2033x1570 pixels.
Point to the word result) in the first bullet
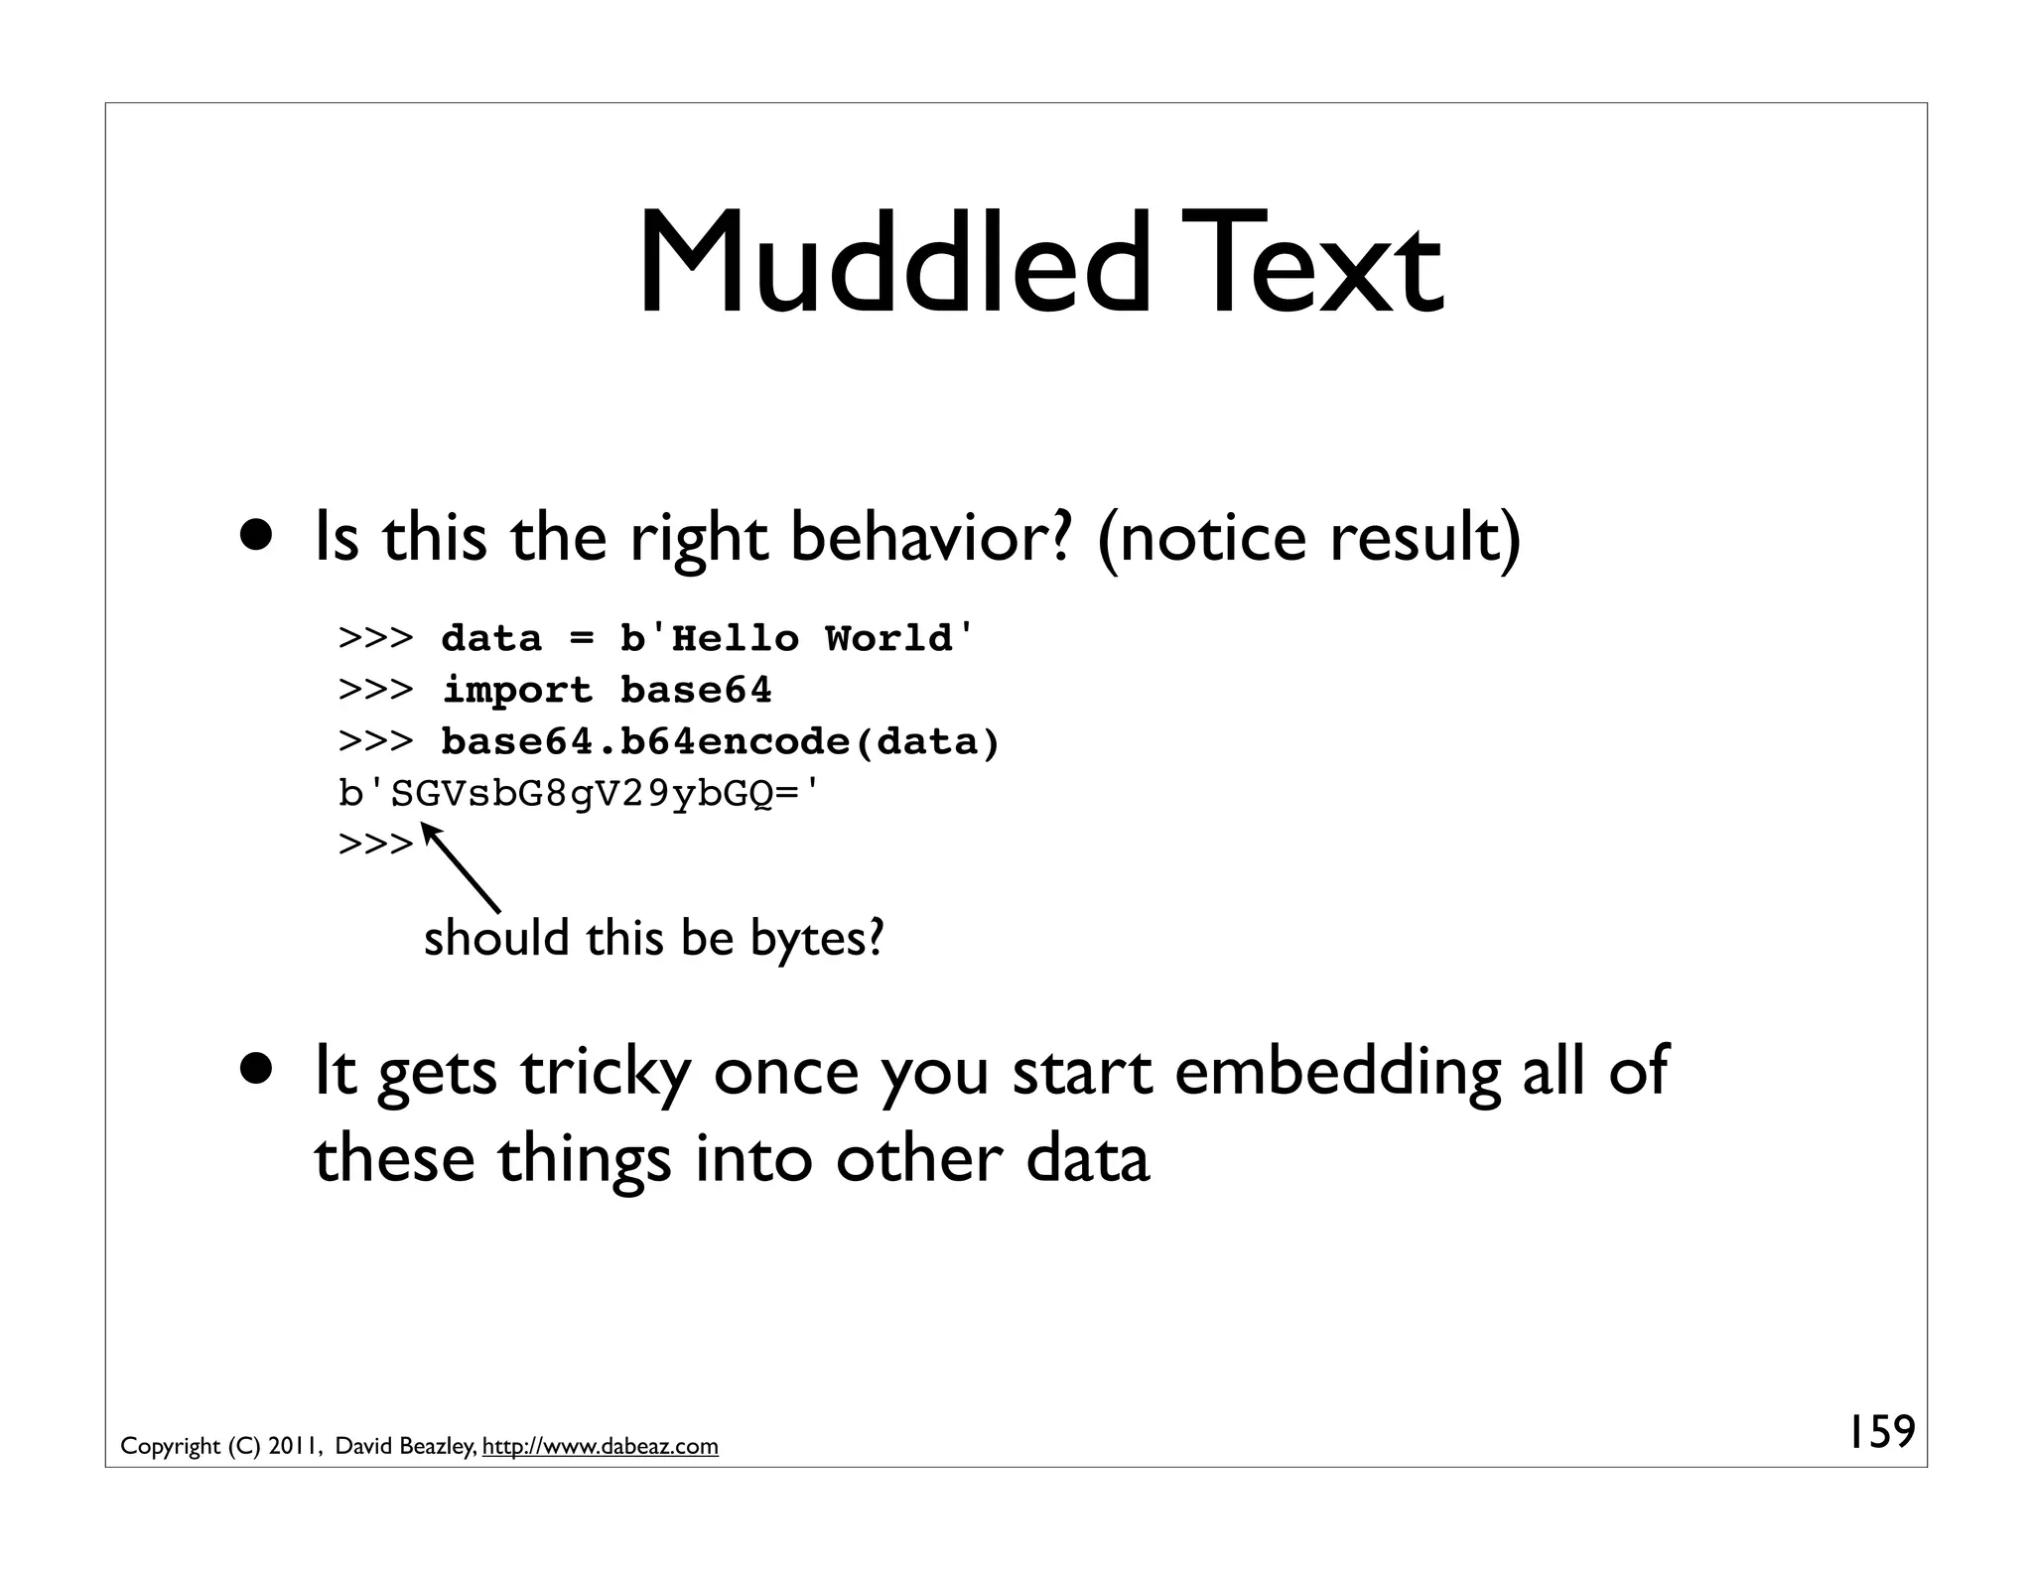[x=1425, y=538]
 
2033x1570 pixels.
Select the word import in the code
[x=516, y=690]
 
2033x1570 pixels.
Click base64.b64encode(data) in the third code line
[x=720, y=741]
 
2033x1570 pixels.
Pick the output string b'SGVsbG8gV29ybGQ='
[x=581, y=793]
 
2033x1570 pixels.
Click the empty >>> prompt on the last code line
[x=374, y=845]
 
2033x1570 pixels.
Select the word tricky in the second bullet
[x=606, y=1072]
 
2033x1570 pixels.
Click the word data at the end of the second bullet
[x=1087, y=1158]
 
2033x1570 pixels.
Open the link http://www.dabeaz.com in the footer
[x=600, y=1446]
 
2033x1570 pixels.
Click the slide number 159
[x=1880, y=1432]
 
